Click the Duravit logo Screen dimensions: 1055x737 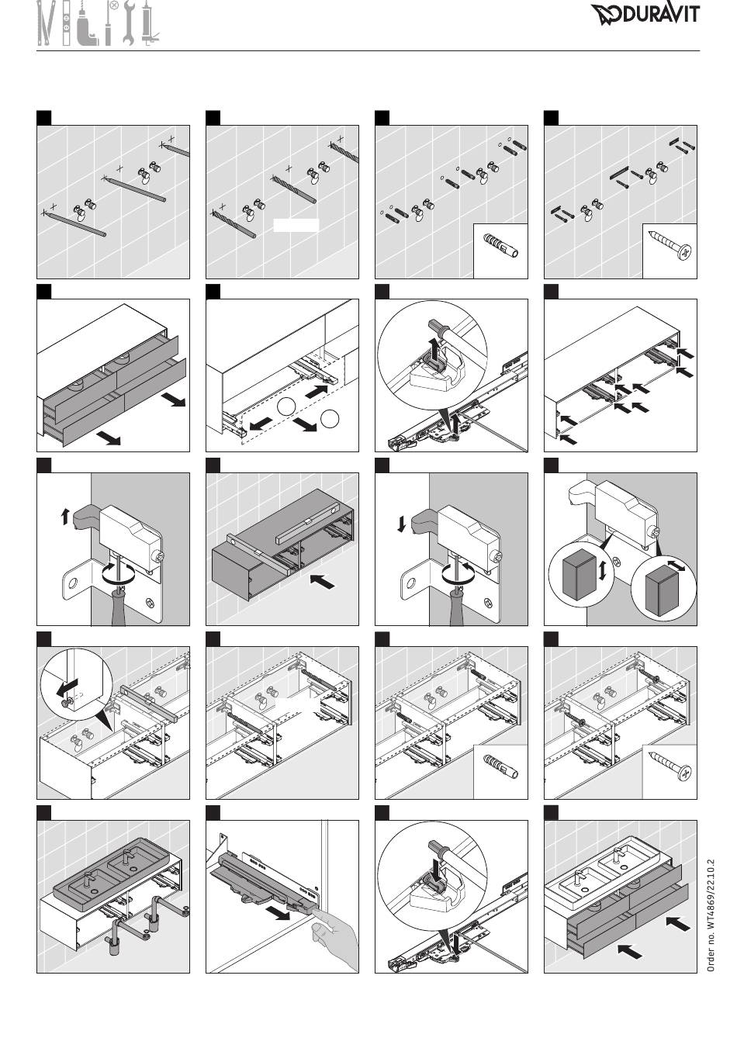click(645, 14)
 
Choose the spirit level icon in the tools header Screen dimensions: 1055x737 click(67, 23)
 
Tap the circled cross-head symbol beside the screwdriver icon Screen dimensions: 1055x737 click(114, 6)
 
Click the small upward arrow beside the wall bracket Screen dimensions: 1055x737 click(64, 515)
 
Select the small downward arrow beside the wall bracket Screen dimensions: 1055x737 click(401, 524)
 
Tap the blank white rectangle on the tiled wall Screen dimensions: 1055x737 click(296, 226)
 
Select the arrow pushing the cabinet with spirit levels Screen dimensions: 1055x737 click(324, 580)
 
